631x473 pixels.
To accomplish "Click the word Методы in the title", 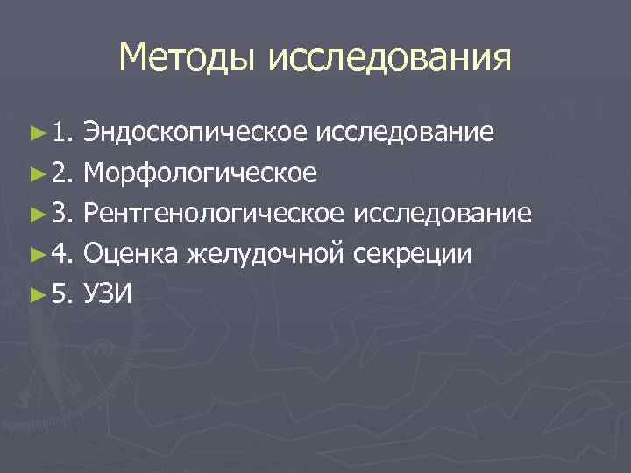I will click(x=188, y=59).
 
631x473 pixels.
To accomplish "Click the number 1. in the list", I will click(x=61, y=133).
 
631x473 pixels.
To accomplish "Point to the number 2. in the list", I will click(x=61, y=173).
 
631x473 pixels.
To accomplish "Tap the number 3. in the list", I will click(x=61, y=214).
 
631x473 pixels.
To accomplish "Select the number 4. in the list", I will click(x=61, y=254).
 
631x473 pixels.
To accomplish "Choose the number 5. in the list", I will click(x=61, y=294).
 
